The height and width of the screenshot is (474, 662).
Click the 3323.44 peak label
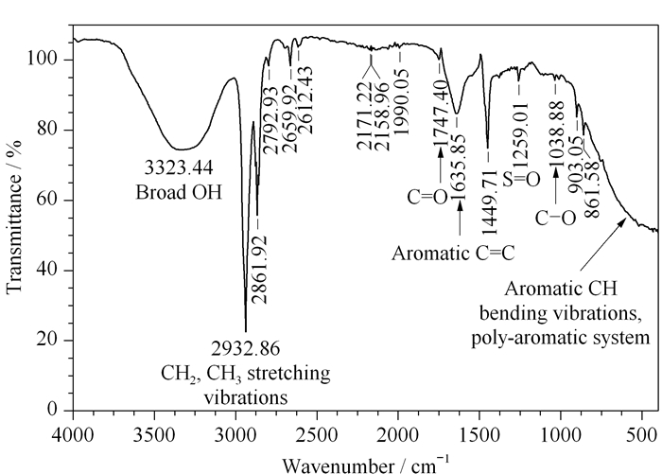[179, 167]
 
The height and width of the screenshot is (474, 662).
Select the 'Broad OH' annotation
[179, 193]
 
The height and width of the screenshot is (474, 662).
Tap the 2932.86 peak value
[245, 349]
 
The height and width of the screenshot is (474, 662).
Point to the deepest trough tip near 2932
[246, 332]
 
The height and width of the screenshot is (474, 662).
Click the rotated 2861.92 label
[260, 270]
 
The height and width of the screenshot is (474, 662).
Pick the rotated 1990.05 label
[401, 101]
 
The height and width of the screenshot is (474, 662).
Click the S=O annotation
[522, 180]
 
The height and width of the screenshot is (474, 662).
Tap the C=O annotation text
[427, 198]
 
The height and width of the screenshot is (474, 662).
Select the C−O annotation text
[556, 219]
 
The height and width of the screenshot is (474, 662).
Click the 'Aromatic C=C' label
[453, 254]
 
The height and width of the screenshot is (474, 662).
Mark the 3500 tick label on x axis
[154, 435]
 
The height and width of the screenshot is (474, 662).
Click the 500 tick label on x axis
[642, 435]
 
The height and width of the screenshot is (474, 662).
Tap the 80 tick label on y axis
[46, 130]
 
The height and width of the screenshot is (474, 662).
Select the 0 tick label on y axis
[52, 410]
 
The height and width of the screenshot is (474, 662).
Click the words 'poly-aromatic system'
[561, 338]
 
